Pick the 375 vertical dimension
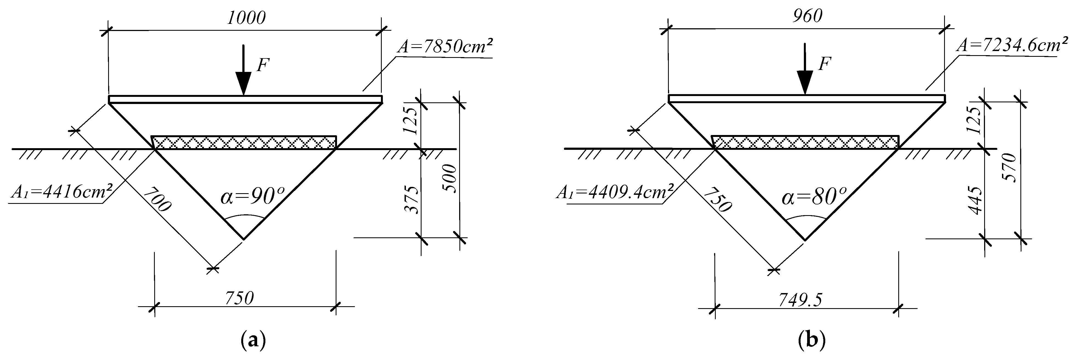[x=412, y=200]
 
